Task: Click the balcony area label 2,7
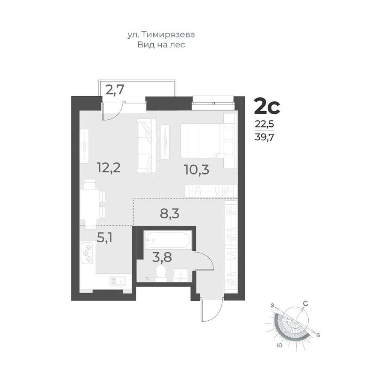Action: click(x=115, y=90)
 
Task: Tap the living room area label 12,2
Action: click(x=108, y=167)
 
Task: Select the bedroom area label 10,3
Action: click(x=197, y=170)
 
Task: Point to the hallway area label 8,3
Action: click(x=170, y=214)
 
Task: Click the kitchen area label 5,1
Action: click(x=105, y=238)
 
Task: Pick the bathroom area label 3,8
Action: click(x=162, y=258)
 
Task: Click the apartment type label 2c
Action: click(x=267, y=107)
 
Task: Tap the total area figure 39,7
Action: click(x=264, y=137)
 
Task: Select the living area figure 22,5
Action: click(x=264, y=124)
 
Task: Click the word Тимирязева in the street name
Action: click(x=168, y=35)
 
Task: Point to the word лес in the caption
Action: click(x=178, y=45)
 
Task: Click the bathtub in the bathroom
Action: click(x=168, y=240)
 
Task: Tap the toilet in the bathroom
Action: click(x=161, y=273)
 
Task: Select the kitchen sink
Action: click(x=118, y=282)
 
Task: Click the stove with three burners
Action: click(x=88, y=253)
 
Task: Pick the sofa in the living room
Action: click(x=147, y=146)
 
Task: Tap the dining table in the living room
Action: click(x=89, y=204)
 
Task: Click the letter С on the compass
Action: click(x=305, y=303)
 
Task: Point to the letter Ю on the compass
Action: click(x=279, y=346)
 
